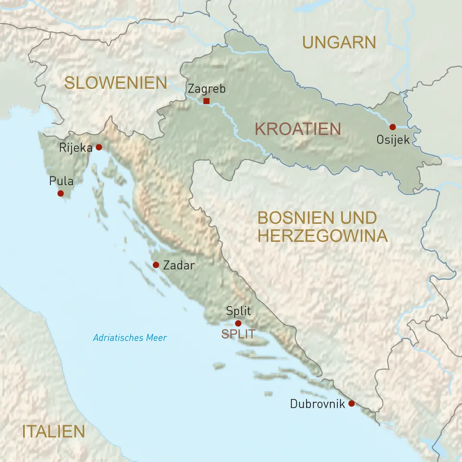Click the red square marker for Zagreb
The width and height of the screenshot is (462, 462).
tap(206, 101)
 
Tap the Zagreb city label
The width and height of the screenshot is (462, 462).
tap(206, 89)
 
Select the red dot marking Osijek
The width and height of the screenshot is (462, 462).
tap(392, 127)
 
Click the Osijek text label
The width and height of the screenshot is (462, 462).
tap(393, 141)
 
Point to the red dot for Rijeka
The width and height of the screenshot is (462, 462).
tap(99, 147)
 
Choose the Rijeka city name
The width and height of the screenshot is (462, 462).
tap(75, 148)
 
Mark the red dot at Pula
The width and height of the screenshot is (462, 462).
tap(60, 193)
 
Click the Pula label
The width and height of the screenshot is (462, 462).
tap(61, 181)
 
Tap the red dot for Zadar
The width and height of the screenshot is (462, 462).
tap(156, 265)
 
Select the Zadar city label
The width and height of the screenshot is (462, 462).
tap(179, 265)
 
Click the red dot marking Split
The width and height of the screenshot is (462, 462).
tap(238, 323)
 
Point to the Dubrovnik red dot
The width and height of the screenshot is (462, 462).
tap(351, 404)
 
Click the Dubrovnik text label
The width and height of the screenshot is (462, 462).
tap(317, 404)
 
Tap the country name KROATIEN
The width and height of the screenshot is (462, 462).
tap(297, 129)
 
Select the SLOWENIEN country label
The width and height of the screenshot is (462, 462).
tap(115, 83)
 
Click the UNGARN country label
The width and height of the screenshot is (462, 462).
tap(339, 42)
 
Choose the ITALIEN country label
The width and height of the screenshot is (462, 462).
tap(53, 431)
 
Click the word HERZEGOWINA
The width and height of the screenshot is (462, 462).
tap(322, 236)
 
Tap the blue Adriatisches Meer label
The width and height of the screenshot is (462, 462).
tap(130, 338)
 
